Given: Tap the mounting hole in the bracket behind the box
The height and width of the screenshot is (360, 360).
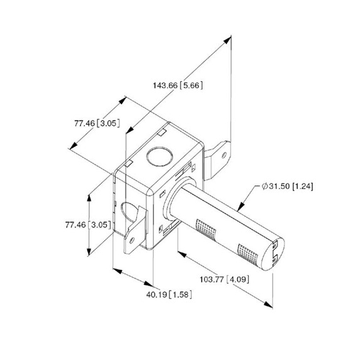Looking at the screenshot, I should click(x=224, y=154).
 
